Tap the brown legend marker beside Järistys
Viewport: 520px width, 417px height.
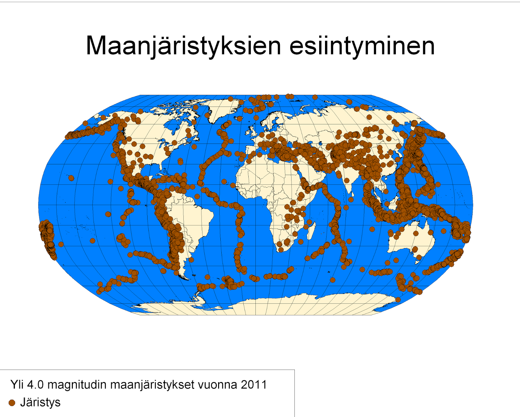(x=12, y=403)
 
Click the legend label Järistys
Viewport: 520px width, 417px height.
(x=40, y=402)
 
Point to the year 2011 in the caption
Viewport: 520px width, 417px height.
(x=254, y=385)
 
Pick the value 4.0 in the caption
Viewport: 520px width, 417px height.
(x=35, y=385)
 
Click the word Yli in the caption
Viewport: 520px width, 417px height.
(x=17, y=385)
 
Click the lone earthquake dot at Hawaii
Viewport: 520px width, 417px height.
(x=71, y=178)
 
